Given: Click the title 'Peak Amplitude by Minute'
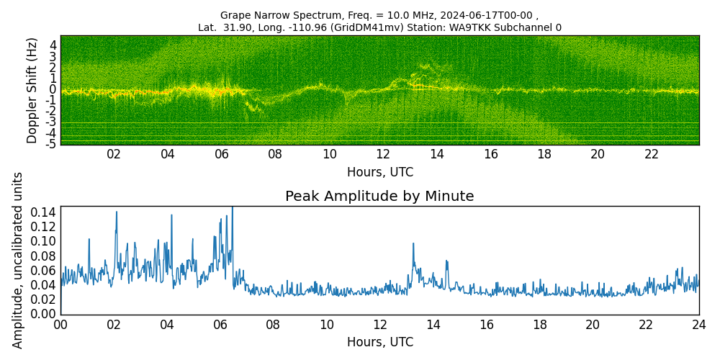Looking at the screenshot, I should (x=379, y=197).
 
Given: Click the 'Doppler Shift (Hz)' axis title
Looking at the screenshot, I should (x=32, y=90).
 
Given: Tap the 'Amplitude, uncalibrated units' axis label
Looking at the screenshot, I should (x=18, y=260).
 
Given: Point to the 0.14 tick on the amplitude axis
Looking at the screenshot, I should (x=44, y=212).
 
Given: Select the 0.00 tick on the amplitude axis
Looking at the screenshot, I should (x=44, y=314).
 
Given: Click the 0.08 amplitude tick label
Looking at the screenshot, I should (x=44, y=256).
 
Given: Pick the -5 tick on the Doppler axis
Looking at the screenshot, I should (x=53, y=144).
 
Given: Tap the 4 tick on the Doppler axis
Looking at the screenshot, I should (x=53, y=45).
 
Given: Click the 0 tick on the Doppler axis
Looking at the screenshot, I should (x=53, y=89).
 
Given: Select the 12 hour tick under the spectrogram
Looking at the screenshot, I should (x=383, y=154).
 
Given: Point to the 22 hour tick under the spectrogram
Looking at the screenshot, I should (x=652, y=154).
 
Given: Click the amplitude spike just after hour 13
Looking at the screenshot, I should (x=413, y=243).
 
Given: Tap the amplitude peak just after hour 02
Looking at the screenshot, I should (x=116, y=212).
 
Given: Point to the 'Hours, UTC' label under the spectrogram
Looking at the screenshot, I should (x=379, y=172).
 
